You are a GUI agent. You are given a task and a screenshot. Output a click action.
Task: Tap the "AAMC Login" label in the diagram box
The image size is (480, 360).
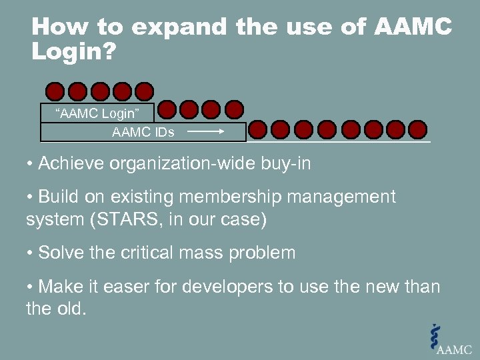click(97, 113)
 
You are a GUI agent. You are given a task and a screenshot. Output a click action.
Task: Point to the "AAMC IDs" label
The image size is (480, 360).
click(143, 132)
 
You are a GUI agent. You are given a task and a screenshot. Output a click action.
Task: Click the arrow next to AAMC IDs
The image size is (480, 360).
click(206, 132)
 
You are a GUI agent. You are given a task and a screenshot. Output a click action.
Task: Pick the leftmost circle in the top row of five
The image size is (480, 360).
click(55, 91)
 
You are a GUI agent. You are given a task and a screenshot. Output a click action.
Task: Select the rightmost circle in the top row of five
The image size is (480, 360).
click(144, 91)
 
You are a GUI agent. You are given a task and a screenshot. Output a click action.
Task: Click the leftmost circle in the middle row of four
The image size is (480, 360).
click(167, 109)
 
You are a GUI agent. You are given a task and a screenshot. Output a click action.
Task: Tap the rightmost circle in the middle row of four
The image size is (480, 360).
click(234, 109)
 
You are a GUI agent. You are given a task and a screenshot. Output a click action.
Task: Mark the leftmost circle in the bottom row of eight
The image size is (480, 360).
click(259, 128)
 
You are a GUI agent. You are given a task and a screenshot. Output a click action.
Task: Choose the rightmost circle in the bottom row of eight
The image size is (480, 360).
click(417, 128)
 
